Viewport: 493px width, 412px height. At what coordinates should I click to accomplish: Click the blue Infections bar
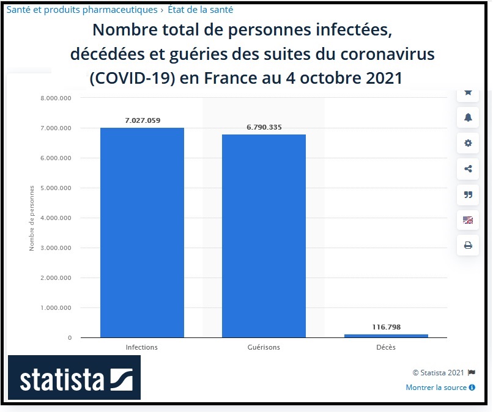tap(142, 232)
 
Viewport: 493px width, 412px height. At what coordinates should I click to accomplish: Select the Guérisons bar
tap(264, 235)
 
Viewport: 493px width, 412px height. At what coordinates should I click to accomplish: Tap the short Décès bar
tap(386, 336)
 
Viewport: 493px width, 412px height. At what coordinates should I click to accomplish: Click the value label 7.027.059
tap(142, 120)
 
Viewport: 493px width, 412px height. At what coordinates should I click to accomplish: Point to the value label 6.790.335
tap(264, 127)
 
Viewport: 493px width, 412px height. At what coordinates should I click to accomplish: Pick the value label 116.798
tap(386, 327)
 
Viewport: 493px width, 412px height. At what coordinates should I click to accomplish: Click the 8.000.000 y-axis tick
tap(56, 98)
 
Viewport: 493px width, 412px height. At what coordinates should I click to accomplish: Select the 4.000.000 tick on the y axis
tap(56, 218)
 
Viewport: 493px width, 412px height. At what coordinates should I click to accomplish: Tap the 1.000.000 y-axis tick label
tap(56, 307)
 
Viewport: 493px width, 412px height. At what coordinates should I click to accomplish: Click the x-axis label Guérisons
tap(264, 347)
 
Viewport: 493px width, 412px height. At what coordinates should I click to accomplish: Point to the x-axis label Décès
tap(386, 347)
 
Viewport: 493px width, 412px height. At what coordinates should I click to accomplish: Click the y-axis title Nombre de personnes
tap(32, 218)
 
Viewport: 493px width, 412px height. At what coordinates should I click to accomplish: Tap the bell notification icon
tap(468, 117)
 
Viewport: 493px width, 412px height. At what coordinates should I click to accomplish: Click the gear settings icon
tap(468, 143)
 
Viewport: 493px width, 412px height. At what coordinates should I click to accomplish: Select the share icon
tap(468, 169)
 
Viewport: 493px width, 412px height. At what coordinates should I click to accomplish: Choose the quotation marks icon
tap(468, 194)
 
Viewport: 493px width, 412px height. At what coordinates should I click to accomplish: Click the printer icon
tap(468, 245)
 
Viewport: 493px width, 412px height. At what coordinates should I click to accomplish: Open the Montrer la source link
tap(437, 388)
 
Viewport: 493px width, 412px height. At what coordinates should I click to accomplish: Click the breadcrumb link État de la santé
tap(200, 10)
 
